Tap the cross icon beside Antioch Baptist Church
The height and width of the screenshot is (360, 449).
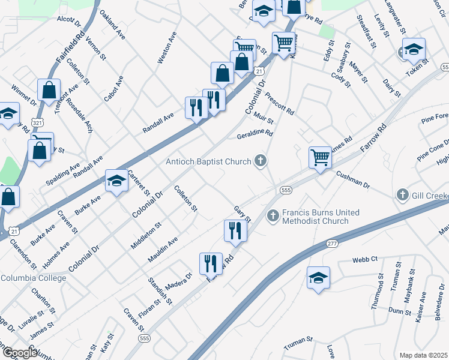click(x=259, y=160)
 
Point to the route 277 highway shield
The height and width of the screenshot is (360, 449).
click(x=333, y=244)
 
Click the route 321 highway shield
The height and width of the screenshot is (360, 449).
click(x=37, y=122)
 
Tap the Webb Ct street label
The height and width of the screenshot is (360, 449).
click(x=364, y=259)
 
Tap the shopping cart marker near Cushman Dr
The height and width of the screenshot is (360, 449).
click(x=320, y=158)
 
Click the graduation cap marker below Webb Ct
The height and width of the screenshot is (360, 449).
click(x=318, y=278)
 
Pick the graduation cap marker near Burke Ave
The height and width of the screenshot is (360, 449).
click(x=116, y=181)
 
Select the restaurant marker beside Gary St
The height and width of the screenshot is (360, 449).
click(x=235, y=230)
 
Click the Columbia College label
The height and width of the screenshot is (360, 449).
click(x=32, y=278)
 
